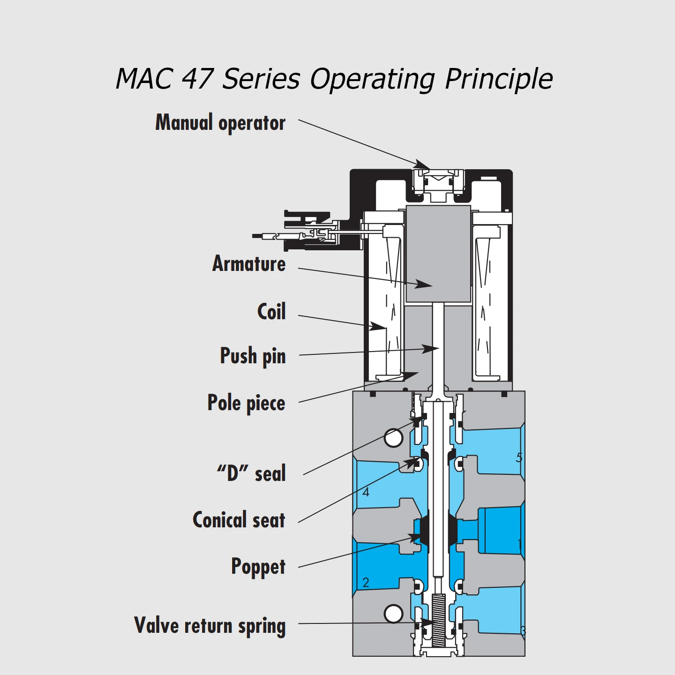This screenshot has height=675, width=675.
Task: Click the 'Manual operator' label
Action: (220, 123)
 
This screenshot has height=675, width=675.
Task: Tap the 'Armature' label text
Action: (249, 264)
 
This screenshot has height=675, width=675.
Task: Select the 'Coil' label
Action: (271, 312)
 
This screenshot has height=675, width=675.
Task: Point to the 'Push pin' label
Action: (253, 356)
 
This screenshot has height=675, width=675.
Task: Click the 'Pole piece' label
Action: (246, 403)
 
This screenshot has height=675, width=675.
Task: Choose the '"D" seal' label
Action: (251, 473)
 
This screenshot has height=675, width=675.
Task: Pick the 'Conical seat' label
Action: (239, 520)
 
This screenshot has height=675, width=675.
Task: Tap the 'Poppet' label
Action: (258, 567)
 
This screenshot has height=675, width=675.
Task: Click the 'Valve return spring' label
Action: (210, 626)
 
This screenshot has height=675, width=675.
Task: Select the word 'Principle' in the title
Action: (499, 79)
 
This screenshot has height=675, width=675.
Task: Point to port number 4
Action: (366, 492)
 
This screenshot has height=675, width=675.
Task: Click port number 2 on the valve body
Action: (366, 583)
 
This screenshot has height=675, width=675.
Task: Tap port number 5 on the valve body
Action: (519, 457)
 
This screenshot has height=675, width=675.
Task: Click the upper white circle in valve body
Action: (393, 438)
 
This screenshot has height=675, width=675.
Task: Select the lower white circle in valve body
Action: (393, 614)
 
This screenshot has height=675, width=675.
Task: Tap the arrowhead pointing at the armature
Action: (424, 284)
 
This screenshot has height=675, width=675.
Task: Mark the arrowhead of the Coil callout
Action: (377, 326)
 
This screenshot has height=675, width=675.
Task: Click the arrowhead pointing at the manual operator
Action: (422, 165)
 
